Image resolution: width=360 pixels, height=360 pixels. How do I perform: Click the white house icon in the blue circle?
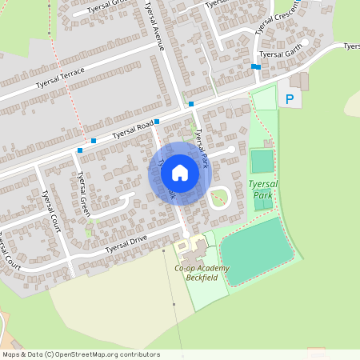tap(180, 173)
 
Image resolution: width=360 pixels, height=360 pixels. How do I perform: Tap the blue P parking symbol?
tap(290, 100)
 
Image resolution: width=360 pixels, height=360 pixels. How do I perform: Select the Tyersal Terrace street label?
tap(60, 78)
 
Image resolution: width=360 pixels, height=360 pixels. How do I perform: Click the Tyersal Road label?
tap(132, 129)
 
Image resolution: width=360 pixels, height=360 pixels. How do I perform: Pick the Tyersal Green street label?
tap(80, 194)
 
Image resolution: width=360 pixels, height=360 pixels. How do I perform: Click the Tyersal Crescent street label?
tap(275, 18)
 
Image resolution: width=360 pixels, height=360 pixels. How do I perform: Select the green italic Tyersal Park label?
tap(263, 188)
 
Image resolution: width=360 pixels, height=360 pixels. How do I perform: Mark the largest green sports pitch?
tap(256, 250)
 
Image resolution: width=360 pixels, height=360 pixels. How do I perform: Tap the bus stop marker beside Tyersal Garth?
tap(255, 66)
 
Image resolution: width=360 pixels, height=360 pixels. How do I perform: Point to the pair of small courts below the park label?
tap(262, 203)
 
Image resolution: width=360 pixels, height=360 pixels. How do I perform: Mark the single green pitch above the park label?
tap(262, 161)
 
